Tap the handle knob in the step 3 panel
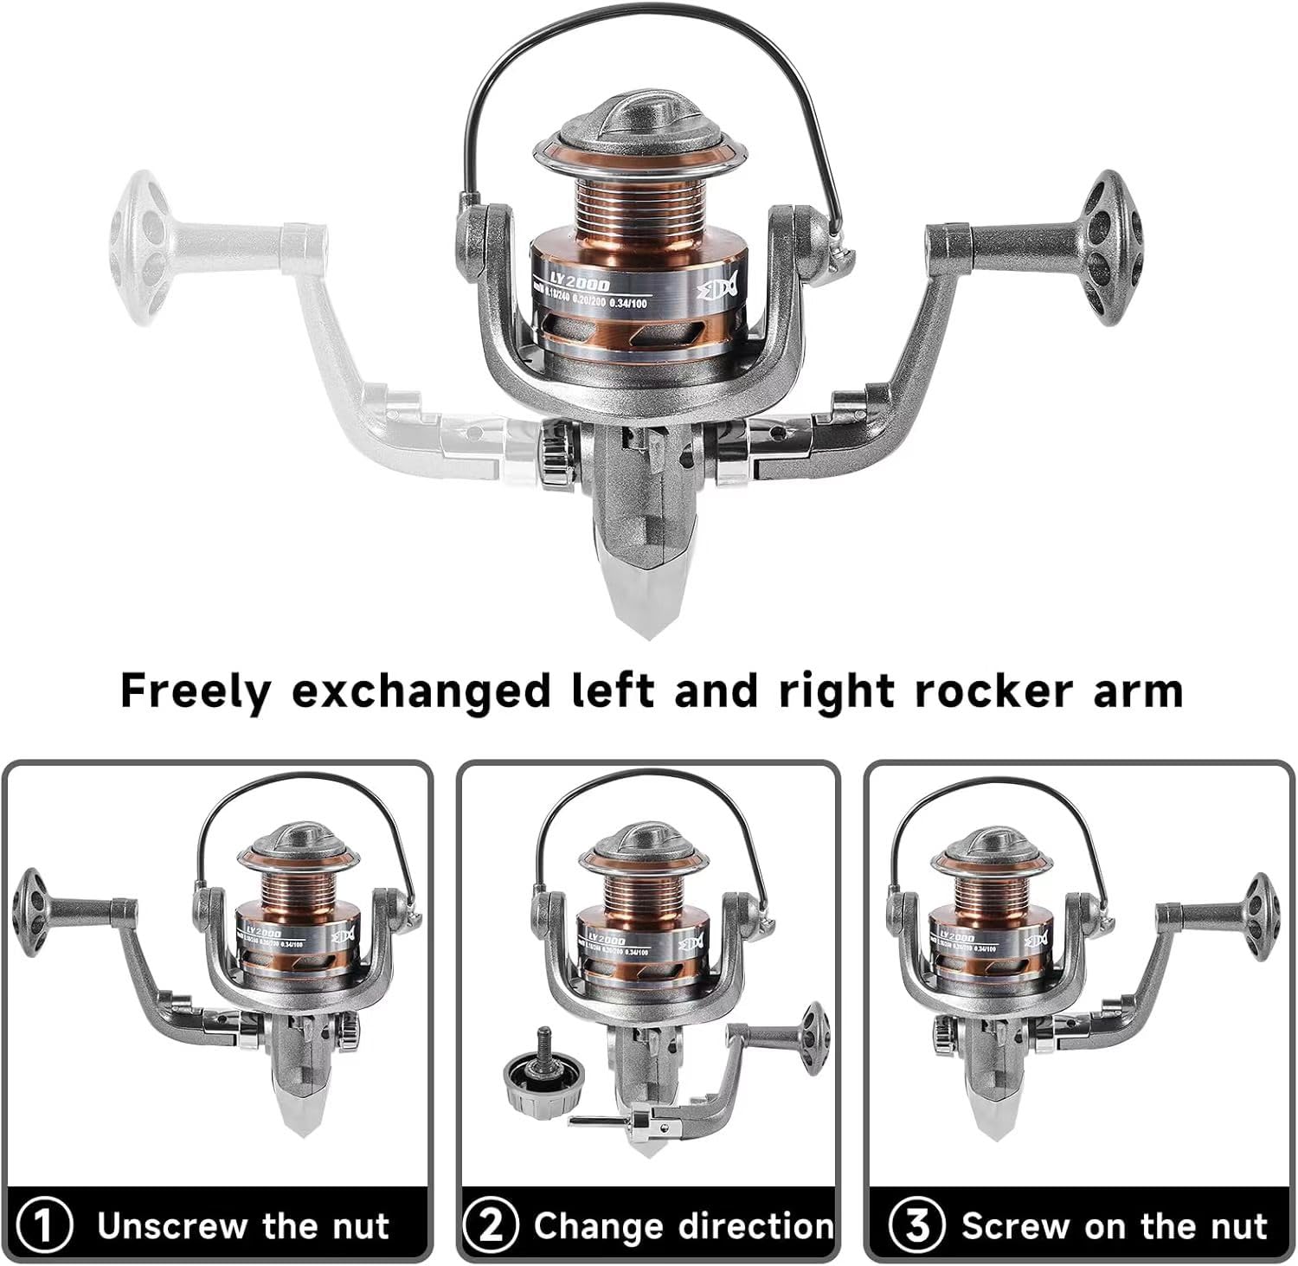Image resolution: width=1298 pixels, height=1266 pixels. (x=1261, y=909)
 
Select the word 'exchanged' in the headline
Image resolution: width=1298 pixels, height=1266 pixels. (x=421, y=691)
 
